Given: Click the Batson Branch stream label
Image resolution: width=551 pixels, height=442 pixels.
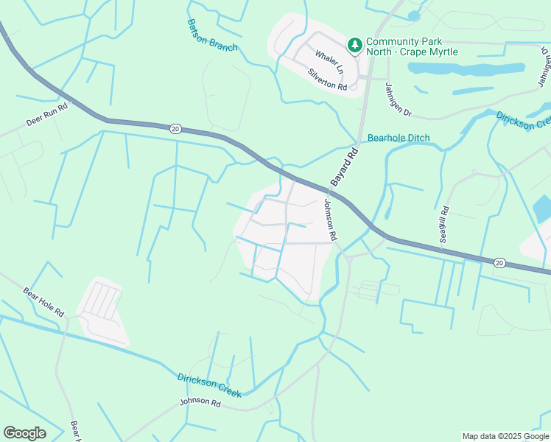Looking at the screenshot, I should click(212, 35).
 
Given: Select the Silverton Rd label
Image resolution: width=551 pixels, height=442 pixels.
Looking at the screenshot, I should click(327, 80).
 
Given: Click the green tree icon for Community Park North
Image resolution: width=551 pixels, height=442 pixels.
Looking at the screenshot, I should click(355, 46).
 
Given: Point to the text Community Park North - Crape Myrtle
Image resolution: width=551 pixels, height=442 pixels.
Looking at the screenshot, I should click(412, 46).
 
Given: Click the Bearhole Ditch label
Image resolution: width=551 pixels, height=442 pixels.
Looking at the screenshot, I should click(399, 138).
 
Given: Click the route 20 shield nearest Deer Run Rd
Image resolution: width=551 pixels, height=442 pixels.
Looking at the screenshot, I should click(175, 128).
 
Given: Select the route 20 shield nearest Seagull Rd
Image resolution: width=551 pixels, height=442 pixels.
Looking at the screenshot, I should click(499, 262).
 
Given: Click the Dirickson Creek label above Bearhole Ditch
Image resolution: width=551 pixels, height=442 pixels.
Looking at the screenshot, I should click(524, 120).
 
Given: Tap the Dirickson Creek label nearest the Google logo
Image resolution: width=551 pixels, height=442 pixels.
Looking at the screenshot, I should click(209, 386).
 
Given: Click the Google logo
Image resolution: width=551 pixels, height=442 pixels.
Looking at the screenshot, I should click(24, 433).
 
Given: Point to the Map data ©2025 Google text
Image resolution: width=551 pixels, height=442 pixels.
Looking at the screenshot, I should click(505, 436).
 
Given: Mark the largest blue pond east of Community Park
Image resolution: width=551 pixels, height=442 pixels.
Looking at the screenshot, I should click(466, 69).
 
